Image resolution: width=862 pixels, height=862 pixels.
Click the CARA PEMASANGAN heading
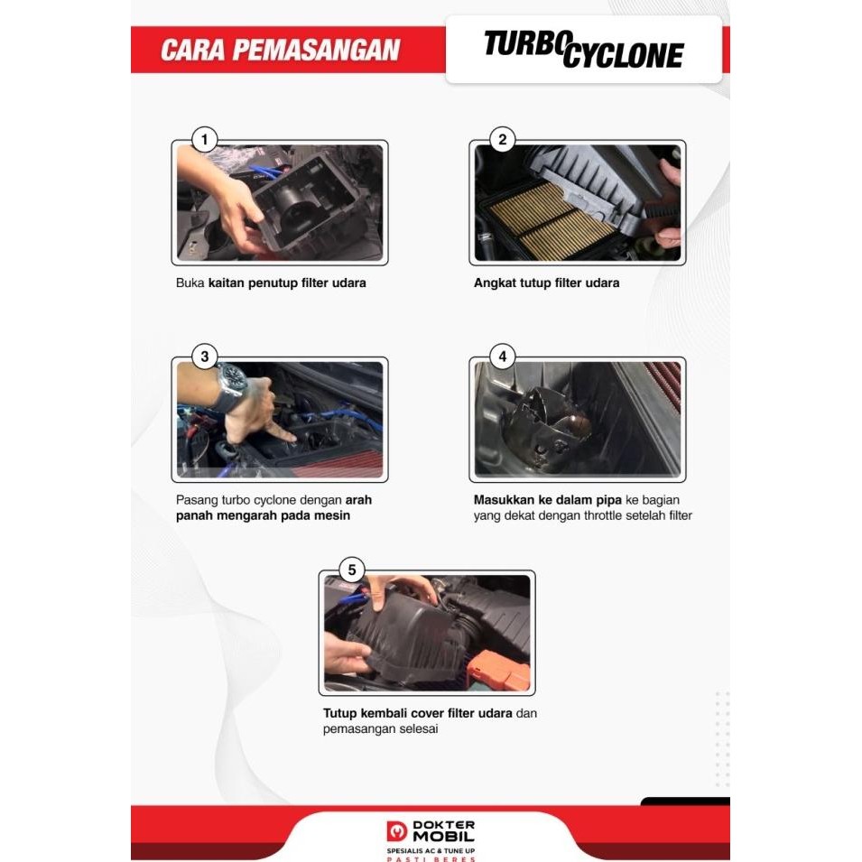pos(280,50)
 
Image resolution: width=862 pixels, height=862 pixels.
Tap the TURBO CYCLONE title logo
pos(583,50)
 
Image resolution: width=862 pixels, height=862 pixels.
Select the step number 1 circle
pos(205,139)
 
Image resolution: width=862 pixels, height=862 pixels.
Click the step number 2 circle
pos(502,139)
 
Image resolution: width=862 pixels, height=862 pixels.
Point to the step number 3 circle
pos(205,357)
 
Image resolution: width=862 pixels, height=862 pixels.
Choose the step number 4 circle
pos(502,357)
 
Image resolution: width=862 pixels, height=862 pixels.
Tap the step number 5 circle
pos(352,570)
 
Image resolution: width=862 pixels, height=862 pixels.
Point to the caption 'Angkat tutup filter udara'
pos(546,283)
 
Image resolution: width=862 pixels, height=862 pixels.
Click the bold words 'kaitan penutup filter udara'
pos(287,283)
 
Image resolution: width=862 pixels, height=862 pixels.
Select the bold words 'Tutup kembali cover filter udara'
pos(417,713)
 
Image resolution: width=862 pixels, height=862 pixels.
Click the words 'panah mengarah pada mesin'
pos(263,515)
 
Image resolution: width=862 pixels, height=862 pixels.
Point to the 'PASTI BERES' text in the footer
pos(430,859)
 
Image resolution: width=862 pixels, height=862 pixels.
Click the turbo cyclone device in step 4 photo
pos(551,422)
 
